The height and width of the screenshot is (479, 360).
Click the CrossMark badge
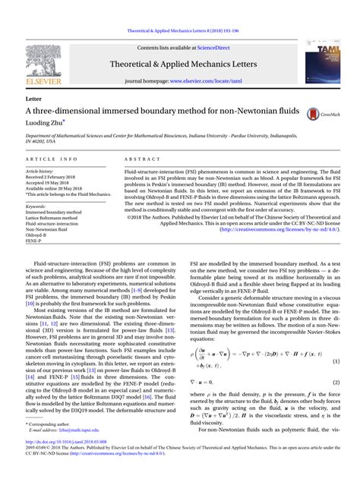pos(322,114)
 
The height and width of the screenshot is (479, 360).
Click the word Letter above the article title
pos(33,99)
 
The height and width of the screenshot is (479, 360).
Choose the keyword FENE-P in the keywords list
pos(34,241)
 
